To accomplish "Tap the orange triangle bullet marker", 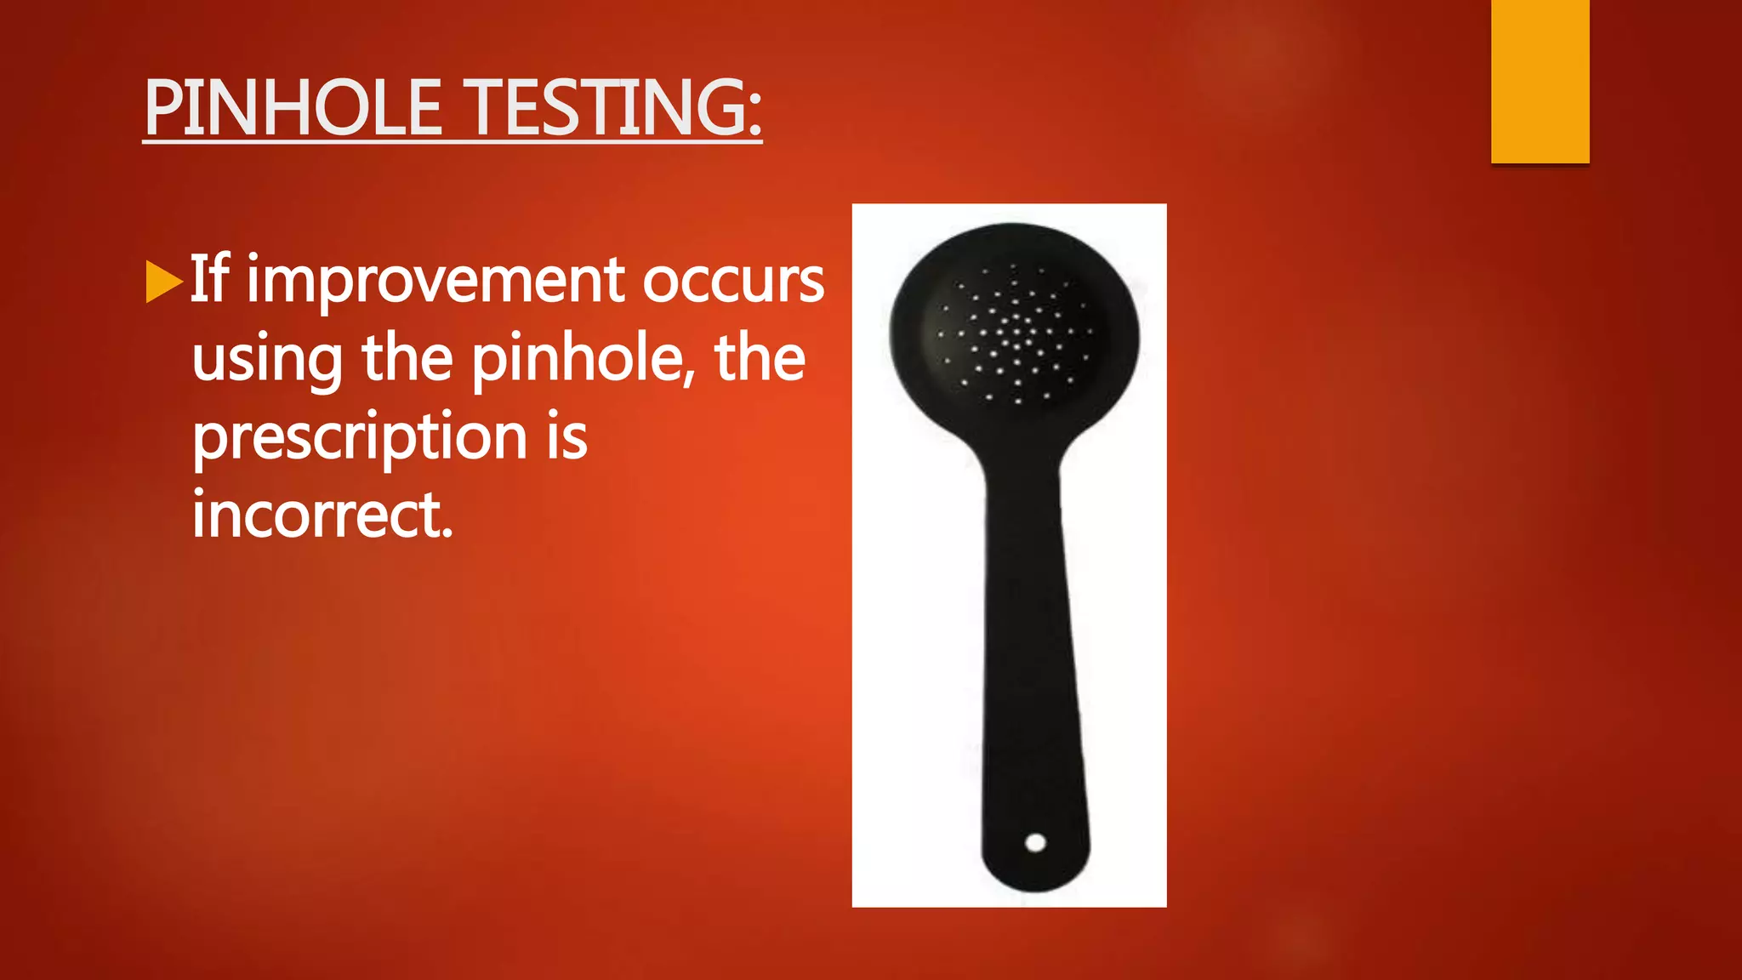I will (x=163, y=282).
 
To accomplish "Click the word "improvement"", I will (x=435, y=282).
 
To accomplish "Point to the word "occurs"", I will (x=732, y=282).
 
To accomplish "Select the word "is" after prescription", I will (x=566, y=437).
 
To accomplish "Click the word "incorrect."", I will (x=322, y=516).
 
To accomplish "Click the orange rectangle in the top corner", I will (x=1540, y=82).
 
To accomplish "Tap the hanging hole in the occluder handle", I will (x=1035, y=842).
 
